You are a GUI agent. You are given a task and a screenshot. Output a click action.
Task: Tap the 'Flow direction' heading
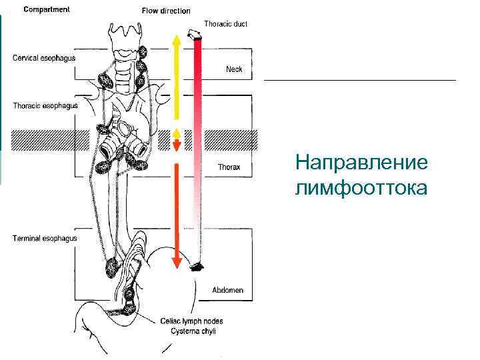(166, 11)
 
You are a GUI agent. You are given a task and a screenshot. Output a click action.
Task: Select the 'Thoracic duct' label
(225, 24)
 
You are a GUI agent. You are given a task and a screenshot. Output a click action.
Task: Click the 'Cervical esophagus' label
(44, 58)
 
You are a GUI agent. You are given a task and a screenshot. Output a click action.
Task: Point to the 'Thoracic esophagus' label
(45, 105)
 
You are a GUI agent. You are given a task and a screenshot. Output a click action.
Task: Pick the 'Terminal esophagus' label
(45, 238)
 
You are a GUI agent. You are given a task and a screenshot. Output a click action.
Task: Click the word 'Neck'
(234, 69)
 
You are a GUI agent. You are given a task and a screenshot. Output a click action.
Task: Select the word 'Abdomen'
(227, 290)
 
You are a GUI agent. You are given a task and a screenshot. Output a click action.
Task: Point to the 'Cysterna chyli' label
(193, 331)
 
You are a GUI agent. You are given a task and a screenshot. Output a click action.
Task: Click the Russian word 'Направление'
(363, 163)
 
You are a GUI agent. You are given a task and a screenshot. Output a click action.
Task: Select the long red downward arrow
(176, 213)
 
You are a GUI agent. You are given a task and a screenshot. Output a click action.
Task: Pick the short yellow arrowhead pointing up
(176, 133)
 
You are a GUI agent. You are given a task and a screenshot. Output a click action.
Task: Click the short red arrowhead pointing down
(176, 145)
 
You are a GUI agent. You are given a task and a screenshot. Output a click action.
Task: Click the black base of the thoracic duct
(197, 267)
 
